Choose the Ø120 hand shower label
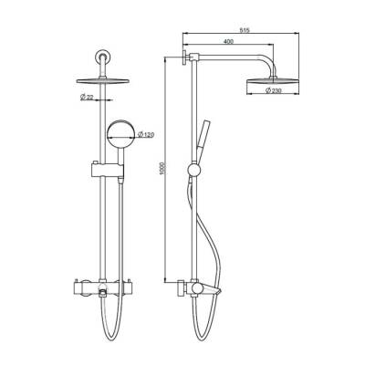tap(145, 135)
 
